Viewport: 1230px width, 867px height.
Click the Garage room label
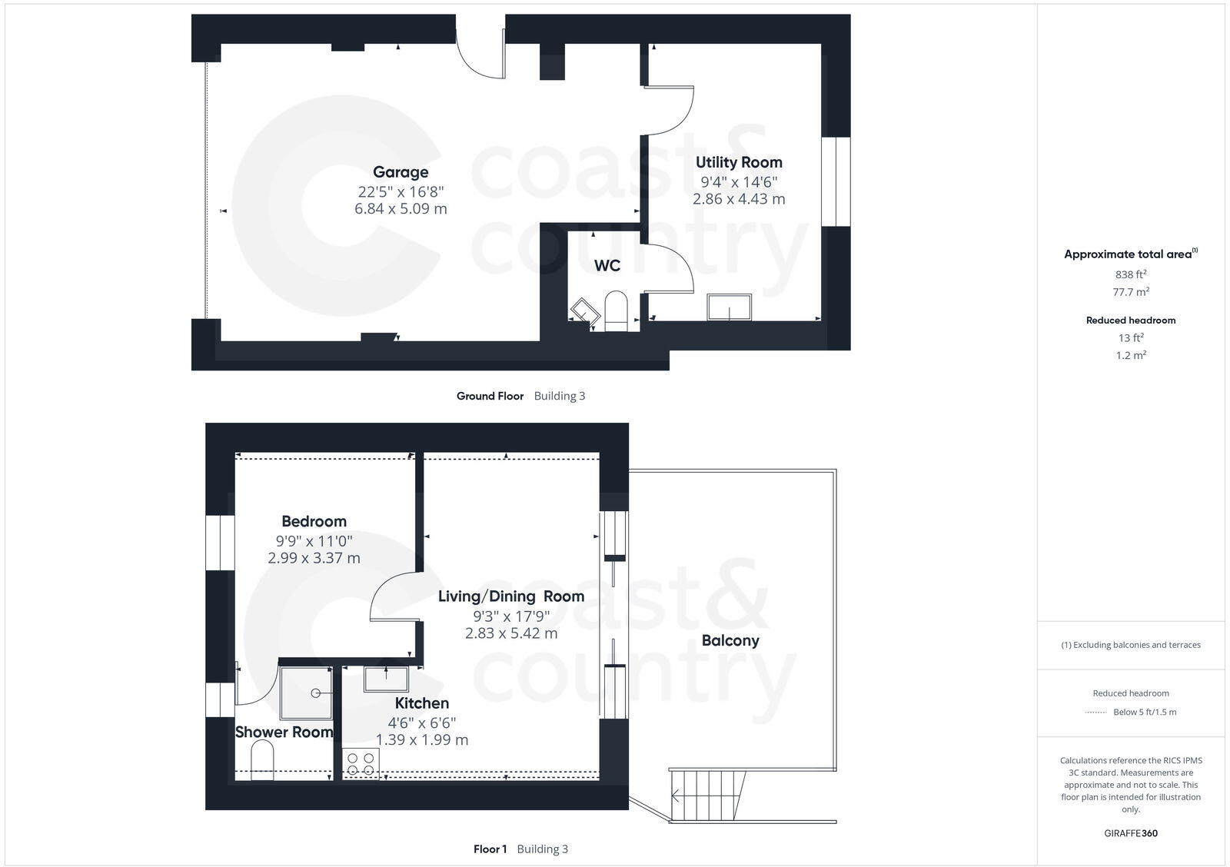coord(401,172)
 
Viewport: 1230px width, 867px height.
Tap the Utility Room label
coord(739,162)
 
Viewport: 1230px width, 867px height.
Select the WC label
coord(607,266)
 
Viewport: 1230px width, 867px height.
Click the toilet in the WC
coord(617,311)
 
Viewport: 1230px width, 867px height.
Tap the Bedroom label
coord(314,521)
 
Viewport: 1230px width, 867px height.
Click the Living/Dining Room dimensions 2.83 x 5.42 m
coord(511,633)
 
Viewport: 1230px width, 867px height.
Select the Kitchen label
coord(422,703)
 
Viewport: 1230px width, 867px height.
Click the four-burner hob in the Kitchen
coord(361,763)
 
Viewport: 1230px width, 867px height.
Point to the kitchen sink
coord(387,679)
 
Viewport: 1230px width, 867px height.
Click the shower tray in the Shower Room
coord(306,693)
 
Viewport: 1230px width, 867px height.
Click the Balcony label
coord(730,640)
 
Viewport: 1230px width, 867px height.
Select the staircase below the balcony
coord(708,796)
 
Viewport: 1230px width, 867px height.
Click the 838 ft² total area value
coord(1131,274)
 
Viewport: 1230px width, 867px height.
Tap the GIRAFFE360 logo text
coord(1131,833)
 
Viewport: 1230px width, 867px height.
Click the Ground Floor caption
coord(490,396)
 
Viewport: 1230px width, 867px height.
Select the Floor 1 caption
coord(490,849)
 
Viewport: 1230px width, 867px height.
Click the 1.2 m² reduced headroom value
coord(1131,355)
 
